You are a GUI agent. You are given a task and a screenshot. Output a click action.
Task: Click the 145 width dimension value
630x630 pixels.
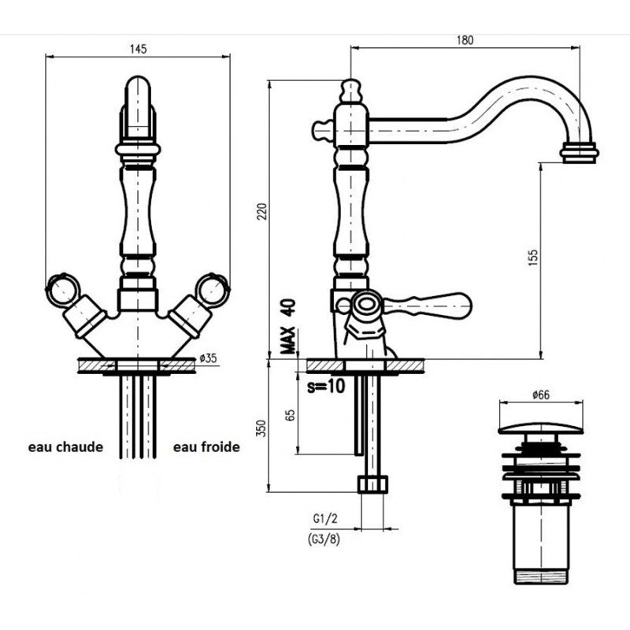(x=139, y=49)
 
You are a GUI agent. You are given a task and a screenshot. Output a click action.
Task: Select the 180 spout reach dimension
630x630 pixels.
(x=465, y=40)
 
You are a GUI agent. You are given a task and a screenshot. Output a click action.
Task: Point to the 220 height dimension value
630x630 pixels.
(x=261, y=212)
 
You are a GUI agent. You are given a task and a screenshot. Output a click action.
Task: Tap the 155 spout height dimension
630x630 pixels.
(x=533, y=258)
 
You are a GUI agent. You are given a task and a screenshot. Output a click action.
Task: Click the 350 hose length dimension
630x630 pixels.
(x=261, y=428)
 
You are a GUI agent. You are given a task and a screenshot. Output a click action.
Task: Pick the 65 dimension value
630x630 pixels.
(x=291, y=415)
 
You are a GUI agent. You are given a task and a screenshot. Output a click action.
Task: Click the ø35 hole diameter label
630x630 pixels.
(x=208, y=358)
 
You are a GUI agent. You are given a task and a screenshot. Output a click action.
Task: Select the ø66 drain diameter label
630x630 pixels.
(x=541, y=395)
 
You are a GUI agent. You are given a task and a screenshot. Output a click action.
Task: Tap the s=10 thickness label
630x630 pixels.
(x=326, y=387)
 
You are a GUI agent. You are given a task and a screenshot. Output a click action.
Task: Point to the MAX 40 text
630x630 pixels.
(x=288, y=327)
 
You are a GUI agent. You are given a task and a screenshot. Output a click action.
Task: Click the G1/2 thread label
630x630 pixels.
(x=325, y=519)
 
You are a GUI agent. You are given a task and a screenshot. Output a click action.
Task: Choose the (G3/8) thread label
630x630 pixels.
(x=324, y=539)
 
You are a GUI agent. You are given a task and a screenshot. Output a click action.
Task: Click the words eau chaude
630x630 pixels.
(x=65, y=447)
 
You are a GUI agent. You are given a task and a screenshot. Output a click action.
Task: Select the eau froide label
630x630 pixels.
(x=206, y=447)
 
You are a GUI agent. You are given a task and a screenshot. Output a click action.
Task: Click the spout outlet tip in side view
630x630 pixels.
(x=579, y=153)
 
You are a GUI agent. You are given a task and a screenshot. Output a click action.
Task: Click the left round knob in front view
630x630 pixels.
(x=63, y=289)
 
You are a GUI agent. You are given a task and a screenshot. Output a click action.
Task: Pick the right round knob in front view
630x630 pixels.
(x=213, y=289)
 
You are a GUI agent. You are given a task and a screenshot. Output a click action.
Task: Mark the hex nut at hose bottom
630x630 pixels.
(x=372, y=484)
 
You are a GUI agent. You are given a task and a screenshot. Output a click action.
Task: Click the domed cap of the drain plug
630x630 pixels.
(x=541, y=428)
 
